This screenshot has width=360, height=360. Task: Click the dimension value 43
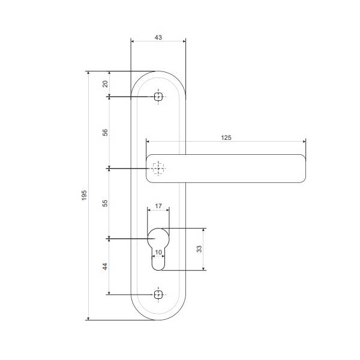(158, 37)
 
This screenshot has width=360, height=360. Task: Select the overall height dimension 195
(84, 195)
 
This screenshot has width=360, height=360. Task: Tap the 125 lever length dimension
(226, 137)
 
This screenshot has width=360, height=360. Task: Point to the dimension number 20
(105, 84)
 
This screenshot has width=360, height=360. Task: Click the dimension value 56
(105, 133)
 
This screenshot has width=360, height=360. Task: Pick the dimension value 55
(105, 203)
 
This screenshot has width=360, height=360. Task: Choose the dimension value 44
(105, 266)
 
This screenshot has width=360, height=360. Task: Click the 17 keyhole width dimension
(158, 206)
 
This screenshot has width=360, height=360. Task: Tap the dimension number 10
(158, 253)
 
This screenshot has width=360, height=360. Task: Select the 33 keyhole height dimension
(199, 249)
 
